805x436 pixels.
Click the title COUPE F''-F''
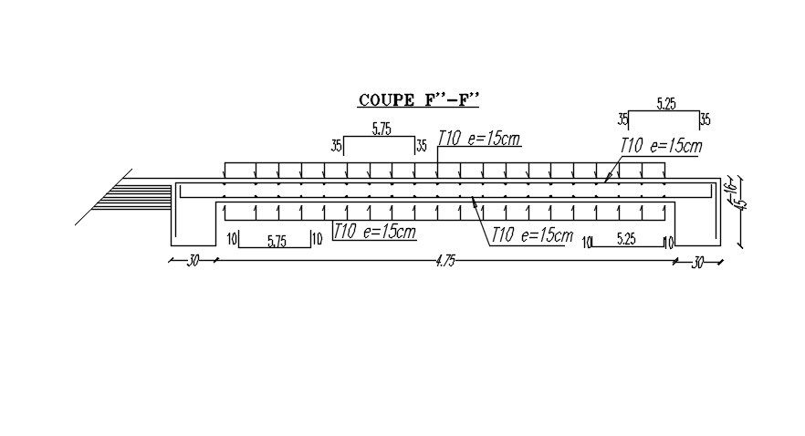pos(419,99)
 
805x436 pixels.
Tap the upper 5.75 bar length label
pos(382,130)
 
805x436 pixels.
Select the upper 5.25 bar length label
pos(665,104)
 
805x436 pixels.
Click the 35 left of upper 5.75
pos(336,146)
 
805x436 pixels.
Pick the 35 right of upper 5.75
pos(421,146)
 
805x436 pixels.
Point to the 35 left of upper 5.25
pos(622,119)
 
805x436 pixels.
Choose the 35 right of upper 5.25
pos(705,119)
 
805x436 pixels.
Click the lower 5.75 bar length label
pos(277,241)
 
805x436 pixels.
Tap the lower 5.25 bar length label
pos(626,240)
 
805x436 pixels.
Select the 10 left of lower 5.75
pos(232,240)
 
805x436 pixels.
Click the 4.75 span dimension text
pos(445,261)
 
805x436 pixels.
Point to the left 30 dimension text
pos(193,261)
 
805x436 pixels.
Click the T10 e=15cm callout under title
pos(479,138)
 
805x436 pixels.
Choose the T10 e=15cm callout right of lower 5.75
pos(374,232)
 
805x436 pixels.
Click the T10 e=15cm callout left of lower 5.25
pos(531,235)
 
